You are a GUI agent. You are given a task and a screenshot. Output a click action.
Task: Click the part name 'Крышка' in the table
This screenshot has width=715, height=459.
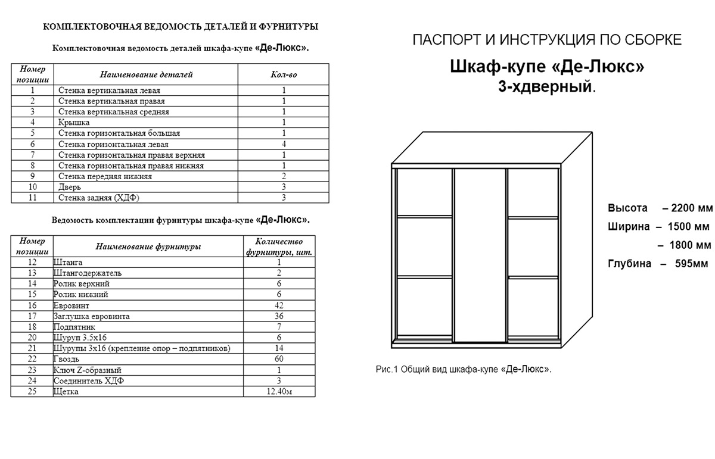pos(74,123)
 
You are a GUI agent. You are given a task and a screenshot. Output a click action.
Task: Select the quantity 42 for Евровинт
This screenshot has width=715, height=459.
pos(279,305)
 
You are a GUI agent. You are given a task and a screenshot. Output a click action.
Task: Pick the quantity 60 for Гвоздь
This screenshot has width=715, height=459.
pos(279,359)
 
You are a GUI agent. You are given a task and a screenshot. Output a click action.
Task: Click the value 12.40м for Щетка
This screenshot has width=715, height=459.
pos(279,392)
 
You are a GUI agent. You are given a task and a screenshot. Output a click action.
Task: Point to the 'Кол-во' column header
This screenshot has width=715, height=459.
pos(284,74)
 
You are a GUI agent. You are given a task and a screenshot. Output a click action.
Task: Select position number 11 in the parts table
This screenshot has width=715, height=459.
pos(32,198)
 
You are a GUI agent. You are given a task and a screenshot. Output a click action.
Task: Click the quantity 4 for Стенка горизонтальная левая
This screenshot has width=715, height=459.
pos(284,144)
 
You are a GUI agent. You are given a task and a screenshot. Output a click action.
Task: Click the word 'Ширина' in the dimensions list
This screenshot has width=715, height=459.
pos(627,227)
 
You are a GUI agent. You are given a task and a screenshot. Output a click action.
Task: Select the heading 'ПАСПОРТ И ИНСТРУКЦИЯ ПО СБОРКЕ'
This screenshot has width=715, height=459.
pos(547,40)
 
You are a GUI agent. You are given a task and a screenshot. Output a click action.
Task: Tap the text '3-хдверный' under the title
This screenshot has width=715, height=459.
pos(546,87)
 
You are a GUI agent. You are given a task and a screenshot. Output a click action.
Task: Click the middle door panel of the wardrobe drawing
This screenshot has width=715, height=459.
pos(480,256)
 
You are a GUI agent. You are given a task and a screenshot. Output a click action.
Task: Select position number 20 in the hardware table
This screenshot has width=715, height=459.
pos(32,338)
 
